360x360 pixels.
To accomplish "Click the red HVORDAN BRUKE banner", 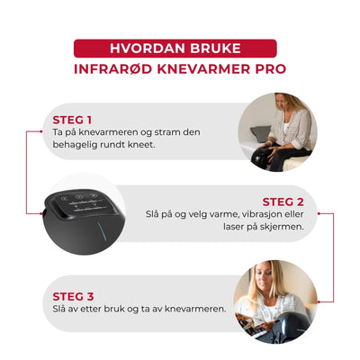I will [179, 49].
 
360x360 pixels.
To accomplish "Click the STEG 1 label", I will [73, 118].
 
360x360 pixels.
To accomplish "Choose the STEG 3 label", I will [73, 294].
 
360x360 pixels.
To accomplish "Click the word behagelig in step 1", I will [80, 143].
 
